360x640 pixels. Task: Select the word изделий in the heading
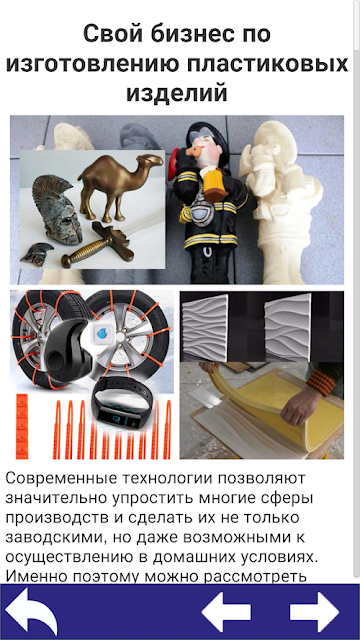pos(177,93)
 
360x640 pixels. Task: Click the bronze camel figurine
pos(120,186)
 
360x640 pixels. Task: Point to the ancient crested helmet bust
pos(56,209)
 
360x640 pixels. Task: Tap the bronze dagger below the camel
pos(98,245)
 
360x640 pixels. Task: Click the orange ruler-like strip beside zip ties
pos(22,426)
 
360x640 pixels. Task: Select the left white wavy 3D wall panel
pos(204,328)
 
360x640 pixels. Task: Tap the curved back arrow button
pos(31,611)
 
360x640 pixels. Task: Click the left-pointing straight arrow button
pos(227,612)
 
